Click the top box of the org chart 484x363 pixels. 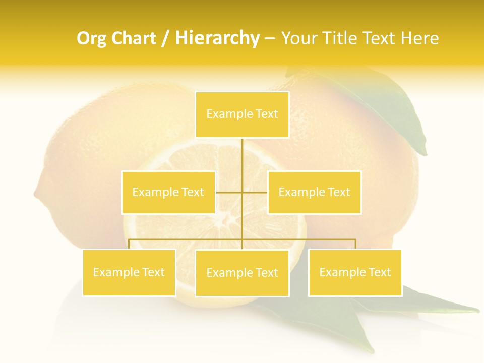point(242,114)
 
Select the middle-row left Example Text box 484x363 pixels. point(168,192)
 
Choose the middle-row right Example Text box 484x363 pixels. point(314,192)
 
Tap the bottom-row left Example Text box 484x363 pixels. point(129,272)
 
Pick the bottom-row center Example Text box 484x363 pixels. point(242,273)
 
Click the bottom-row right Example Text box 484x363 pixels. point(355,272)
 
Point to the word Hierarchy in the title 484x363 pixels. point(217,38)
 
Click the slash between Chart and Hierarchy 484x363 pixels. point(165,39)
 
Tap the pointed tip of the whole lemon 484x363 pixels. point(36,192)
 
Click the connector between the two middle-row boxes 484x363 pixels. point(242,192)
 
